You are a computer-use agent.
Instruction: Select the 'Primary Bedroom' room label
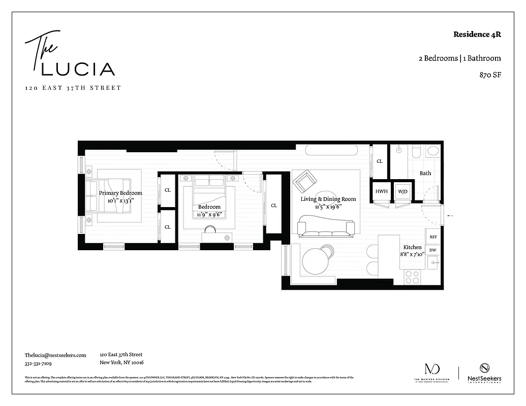(x=120, y=193)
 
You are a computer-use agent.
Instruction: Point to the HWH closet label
(x=381, y=191)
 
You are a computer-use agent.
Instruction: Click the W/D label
(x=403, y=191)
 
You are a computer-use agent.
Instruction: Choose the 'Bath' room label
(x=425, y=173)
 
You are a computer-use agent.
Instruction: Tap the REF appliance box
(x=433, y=237)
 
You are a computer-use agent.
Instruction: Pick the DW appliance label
(x=433, y=250)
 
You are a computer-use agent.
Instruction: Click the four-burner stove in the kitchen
(x=412, y=277)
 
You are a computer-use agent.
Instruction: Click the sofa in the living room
(x=326, y=226)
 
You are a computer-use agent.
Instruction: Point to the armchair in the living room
(x=304, y=180)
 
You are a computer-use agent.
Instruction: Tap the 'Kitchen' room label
(x=412, y=246)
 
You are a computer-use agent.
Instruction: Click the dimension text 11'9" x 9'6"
(x=209, y=215)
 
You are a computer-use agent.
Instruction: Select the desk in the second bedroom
(x=217, y=237)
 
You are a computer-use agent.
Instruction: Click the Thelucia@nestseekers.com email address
(x=55, y=355)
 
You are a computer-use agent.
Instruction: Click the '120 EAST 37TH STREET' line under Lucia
(x=73, y=88)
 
